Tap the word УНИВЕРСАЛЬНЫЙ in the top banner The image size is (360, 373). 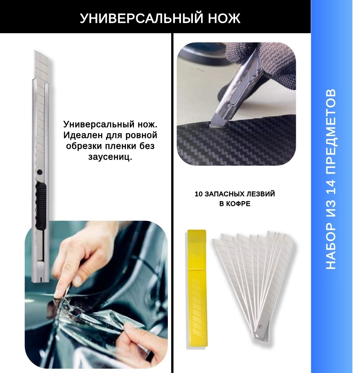(x=141, y=18)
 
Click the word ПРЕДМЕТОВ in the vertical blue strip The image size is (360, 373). (x=331, y=131)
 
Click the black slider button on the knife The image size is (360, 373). (x=40, y=206)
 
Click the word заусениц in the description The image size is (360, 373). (x=110, y=157)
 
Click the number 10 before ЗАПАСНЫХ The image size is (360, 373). (x=199, y=194)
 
